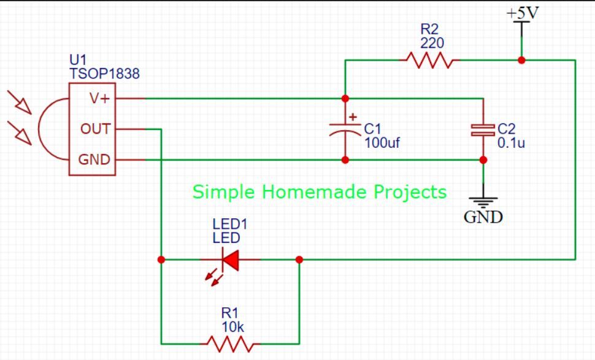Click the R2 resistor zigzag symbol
pos(429,60)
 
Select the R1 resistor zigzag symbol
pos(231,343)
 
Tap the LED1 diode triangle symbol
pos(231,260)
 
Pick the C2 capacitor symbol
pos(483,130)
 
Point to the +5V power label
pos(523,13)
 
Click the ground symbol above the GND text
pos(483,202)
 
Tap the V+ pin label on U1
pos(99,99)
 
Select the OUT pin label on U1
pos(95,129)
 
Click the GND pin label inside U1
pos(94,159)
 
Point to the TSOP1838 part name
pos(104,74)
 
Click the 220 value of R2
pos(432,44)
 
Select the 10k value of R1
pos(232,327)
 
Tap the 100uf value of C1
pos(382,143)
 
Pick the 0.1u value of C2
pos(511,143)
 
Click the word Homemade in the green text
pos(315,191)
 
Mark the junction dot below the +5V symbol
pos(522,60)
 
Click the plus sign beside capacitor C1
pos(353,117)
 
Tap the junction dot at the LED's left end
pos(161,260)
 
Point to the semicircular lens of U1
pos(39,129)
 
